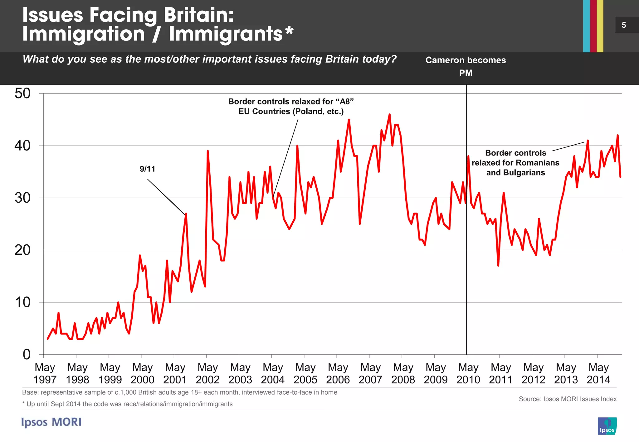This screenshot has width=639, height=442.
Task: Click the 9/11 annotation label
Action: tap(147, 169)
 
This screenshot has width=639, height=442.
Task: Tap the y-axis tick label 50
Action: tap(22, 94)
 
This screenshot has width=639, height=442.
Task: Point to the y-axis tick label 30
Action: tap(22, 198)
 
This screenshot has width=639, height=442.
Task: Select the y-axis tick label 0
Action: tap(27, 354)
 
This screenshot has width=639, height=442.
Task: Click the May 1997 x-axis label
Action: tap(45, 373)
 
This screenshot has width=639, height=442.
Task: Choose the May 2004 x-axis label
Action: tap(273, 373)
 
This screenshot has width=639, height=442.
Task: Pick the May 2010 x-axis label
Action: tap(468, 373)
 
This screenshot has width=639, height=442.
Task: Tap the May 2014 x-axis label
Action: tap(598, 373)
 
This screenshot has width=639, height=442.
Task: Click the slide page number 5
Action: tap(624, 25)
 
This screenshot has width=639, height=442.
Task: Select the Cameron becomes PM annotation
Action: tap(466, 66)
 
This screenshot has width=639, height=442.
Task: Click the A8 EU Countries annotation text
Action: tap(291, 106)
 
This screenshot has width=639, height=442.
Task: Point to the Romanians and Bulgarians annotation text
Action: tap(515, 163)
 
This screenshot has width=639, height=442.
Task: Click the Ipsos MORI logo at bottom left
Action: tap(51, 422)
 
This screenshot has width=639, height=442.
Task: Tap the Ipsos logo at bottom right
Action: tap(607, 426)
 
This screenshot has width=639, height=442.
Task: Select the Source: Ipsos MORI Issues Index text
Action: tap(568, 399)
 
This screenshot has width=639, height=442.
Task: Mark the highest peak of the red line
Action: tap(389, 115)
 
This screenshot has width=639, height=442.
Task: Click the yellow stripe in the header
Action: tap(600, 26)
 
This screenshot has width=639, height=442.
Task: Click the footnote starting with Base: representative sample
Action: tap(179, 392)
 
